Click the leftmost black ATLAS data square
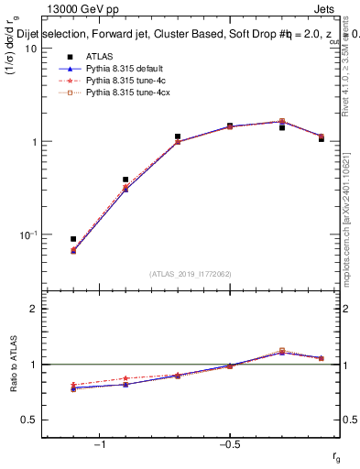coord(73,239)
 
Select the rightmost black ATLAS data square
coord(322,139)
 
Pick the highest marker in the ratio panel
coord(282,350)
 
